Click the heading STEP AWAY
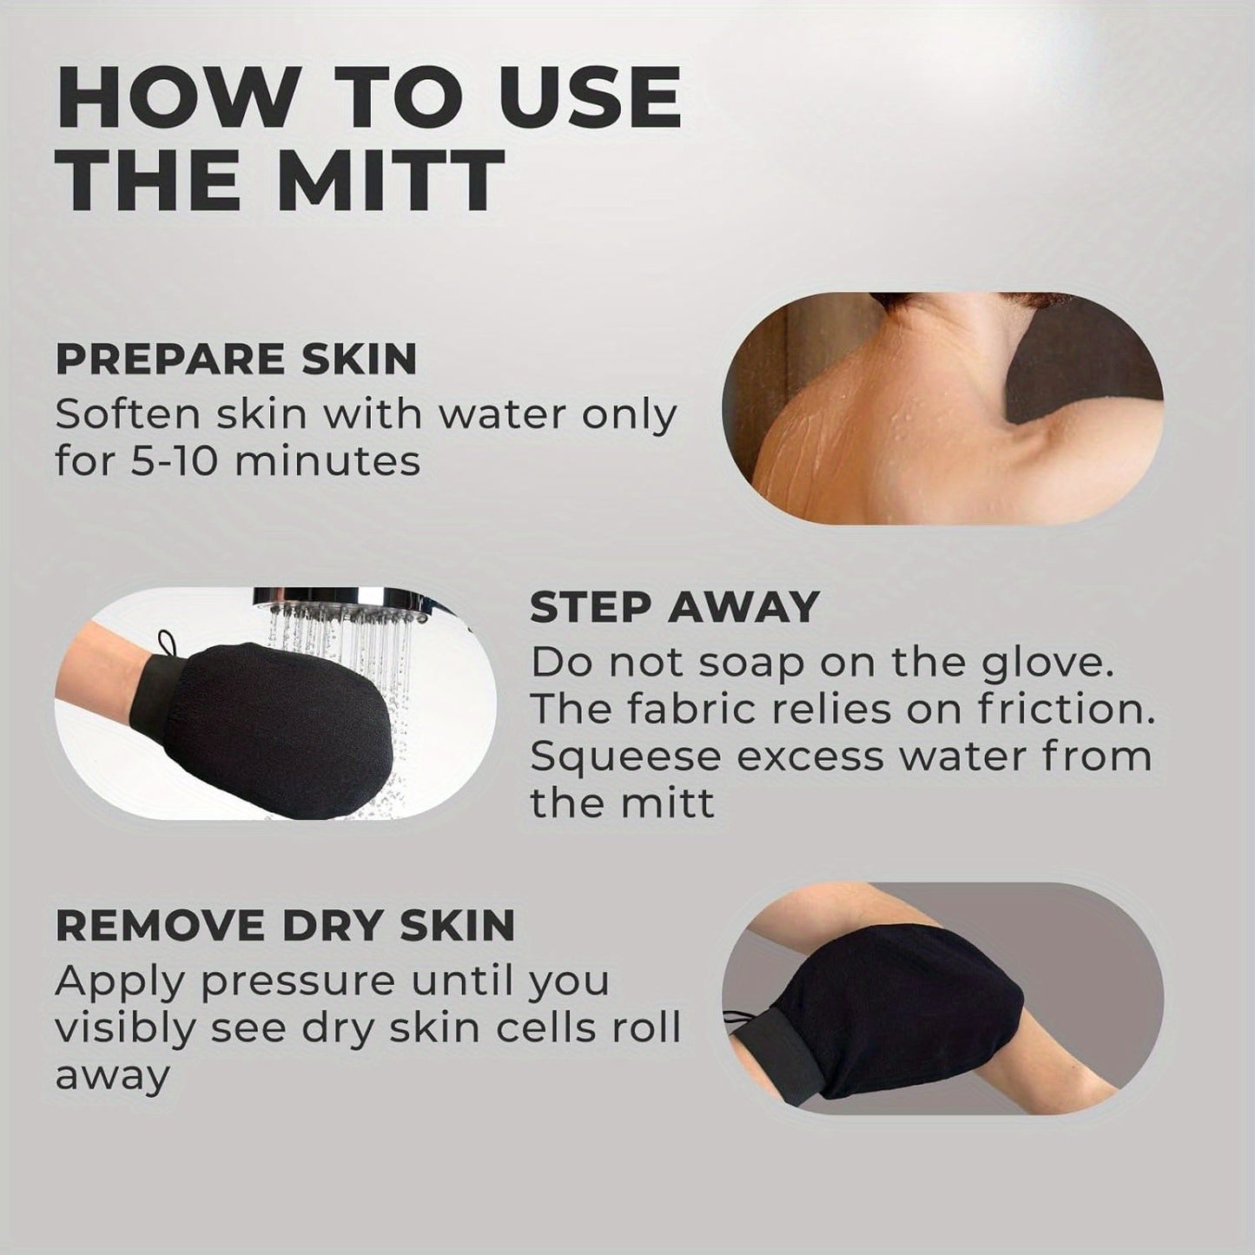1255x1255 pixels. pyautogui.click(x=674, y=607)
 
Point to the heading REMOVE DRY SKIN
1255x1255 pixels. pyautogui.click(x=285, y=925)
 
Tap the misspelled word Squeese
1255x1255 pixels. pyautogui.click(x=625, y=756)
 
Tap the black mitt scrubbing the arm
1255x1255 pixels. pyautogui.click(x=903, y=990)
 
